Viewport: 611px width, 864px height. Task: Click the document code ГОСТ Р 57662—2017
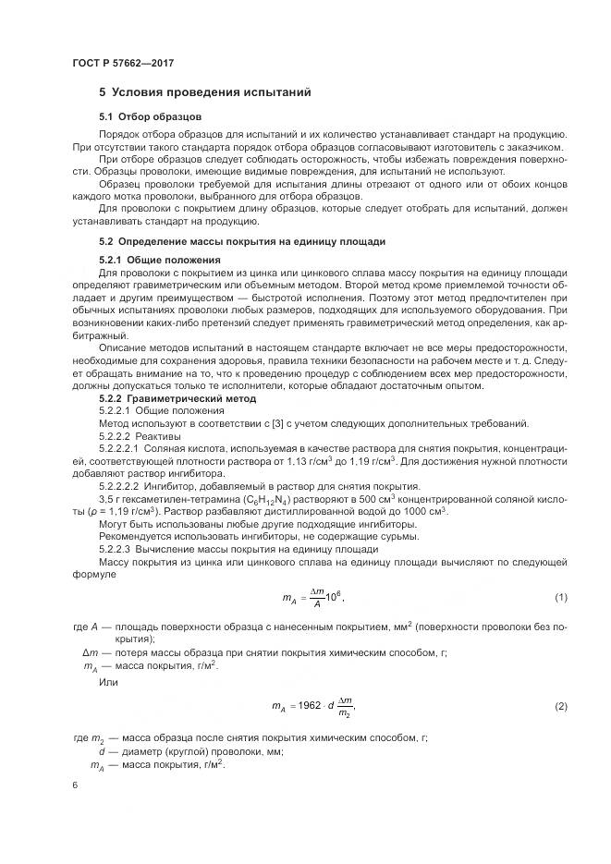tap(123, 62)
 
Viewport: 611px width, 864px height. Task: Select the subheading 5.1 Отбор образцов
tap(150, 116)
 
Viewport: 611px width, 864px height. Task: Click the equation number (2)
tap(560, 706)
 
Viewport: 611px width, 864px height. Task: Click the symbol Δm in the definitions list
tap(90, 651)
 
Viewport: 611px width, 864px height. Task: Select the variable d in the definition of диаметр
tap(98, 751)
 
